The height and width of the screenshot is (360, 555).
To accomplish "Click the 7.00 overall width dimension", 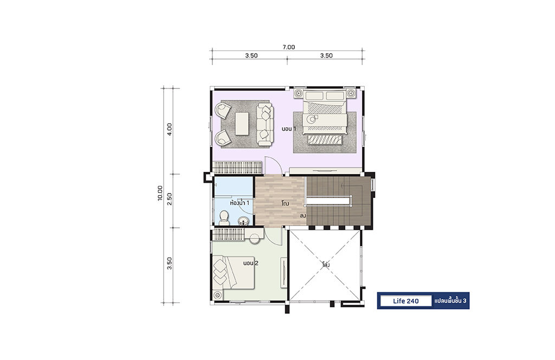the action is [x=289, y=47].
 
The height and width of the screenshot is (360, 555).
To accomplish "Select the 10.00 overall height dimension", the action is [x=160, y=193].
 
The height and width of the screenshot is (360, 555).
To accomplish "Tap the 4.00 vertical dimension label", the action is [x=170, y=130].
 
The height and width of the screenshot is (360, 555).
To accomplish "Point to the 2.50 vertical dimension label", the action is [x=170, y=200].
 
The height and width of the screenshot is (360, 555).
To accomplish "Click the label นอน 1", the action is [x=289, y=129].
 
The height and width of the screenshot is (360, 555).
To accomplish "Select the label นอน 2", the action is [x=250, y=263].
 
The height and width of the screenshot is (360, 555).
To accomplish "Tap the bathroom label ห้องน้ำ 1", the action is [x=240, y=203].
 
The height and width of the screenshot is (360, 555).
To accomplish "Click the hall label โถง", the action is [x=285, y=203].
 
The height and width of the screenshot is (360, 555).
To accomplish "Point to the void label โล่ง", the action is [x=326, y=265].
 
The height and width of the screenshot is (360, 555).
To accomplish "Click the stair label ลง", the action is [x=303, y=216].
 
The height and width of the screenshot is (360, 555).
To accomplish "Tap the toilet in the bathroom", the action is [x=224, y=218].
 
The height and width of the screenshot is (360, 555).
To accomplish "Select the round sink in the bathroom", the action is [x=243, y=221].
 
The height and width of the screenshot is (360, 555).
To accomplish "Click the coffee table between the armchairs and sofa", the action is [x=242, y=124].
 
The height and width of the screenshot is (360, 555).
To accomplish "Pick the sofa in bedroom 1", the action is [x=264, y=124].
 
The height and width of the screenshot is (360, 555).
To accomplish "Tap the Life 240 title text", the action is [x=405, y=301].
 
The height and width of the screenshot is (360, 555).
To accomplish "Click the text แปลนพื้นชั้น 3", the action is [x=450, y=301].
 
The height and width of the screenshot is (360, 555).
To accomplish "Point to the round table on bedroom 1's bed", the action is [x=312, y=119].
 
